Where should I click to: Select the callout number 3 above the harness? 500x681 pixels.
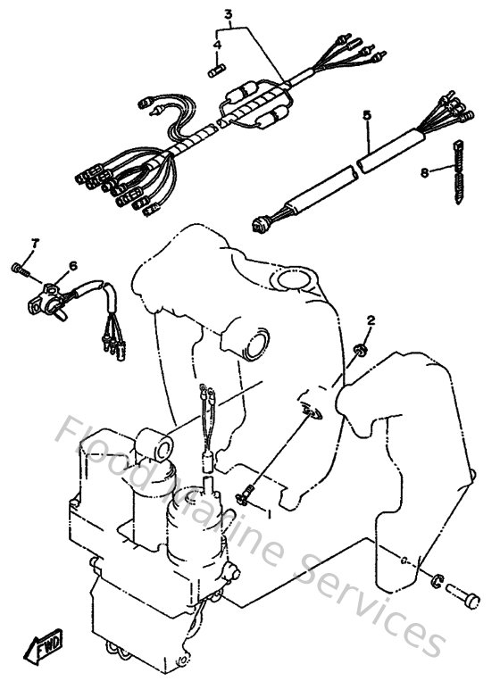coord(228,14)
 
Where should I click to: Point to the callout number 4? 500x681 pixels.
coord(216,44)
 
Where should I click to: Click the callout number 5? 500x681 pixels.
coord(367,116)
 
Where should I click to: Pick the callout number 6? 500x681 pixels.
coord(73,265)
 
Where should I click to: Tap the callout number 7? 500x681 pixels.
coord(36,243)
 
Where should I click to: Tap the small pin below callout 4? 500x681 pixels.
coord(215,66)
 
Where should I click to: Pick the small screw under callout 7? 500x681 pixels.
coord(21,268)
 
